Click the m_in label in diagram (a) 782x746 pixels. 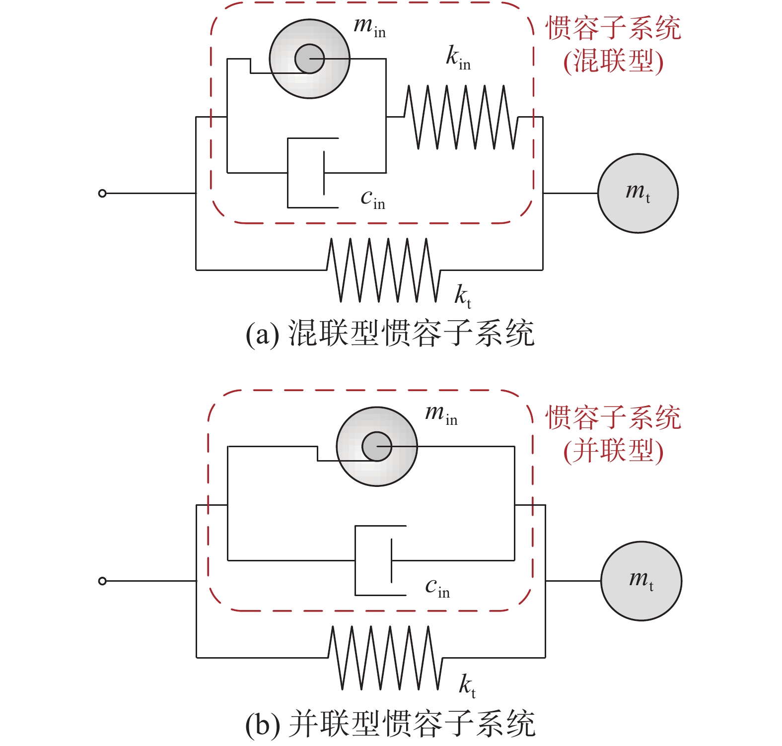click(369, 27)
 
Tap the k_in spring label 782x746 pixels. click(458, 59)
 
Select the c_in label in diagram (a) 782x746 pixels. click(372, 200)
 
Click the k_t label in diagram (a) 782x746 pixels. click(463, 296)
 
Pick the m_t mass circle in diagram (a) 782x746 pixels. click(638, 193)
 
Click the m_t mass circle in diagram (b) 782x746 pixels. click(641, 581)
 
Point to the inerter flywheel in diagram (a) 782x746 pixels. click(309, 59)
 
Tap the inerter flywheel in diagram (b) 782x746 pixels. click(377, 446)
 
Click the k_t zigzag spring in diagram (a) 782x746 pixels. click(383, 270)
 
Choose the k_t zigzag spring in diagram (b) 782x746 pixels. click(385, 658)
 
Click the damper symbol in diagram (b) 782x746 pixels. click(380, 560)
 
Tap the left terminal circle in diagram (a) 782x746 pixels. click(102, 193)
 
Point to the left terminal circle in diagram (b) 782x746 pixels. click(102, 581)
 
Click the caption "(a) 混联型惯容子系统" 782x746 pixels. click(390, 333)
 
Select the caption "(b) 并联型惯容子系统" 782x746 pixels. click(390, 724)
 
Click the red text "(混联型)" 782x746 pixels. click(614, 62)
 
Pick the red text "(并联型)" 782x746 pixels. click(614, 451)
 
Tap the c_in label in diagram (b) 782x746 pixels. click(437, 588)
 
